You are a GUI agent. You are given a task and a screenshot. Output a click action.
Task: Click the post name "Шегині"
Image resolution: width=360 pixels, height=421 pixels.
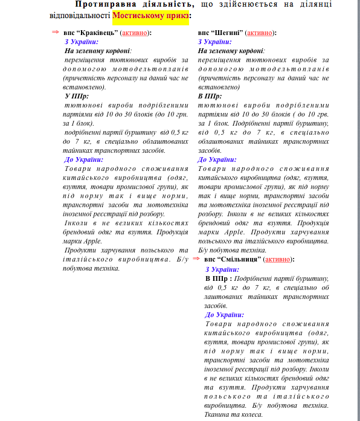pos(228,32)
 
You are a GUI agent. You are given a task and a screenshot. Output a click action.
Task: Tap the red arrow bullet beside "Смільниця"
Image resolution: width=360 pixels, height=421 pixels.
pos(196,259)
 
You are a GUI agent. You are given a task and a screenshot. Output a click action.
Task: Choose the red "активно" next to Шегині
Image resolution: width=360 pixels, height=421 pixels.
pos(260,32)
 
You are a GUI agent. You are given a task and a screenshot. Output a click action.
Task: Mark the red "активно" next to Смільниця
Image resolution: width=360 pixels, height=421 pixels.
pos(277,260)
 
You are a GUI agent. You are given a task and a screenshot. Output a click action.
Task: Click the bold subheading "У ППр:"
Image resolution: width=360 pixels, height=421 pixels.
pos(76,96)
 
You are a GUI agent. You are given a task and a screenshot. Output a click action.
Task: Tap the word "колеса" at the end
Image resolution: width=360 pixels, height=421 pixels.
pos(251,414)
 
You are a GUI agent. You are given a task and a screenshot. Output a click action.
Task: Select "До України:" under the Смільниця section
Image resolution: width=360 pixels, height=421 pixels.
pos(225,315)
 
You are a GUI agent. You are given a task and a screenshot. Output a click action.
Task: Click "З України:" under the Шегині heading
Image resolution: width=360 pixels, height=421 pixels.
pos(214,42)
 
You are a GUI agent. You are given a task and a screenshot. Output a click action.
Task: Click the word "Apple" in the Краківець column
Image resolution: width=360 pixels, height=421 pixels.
pos(92,240)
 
